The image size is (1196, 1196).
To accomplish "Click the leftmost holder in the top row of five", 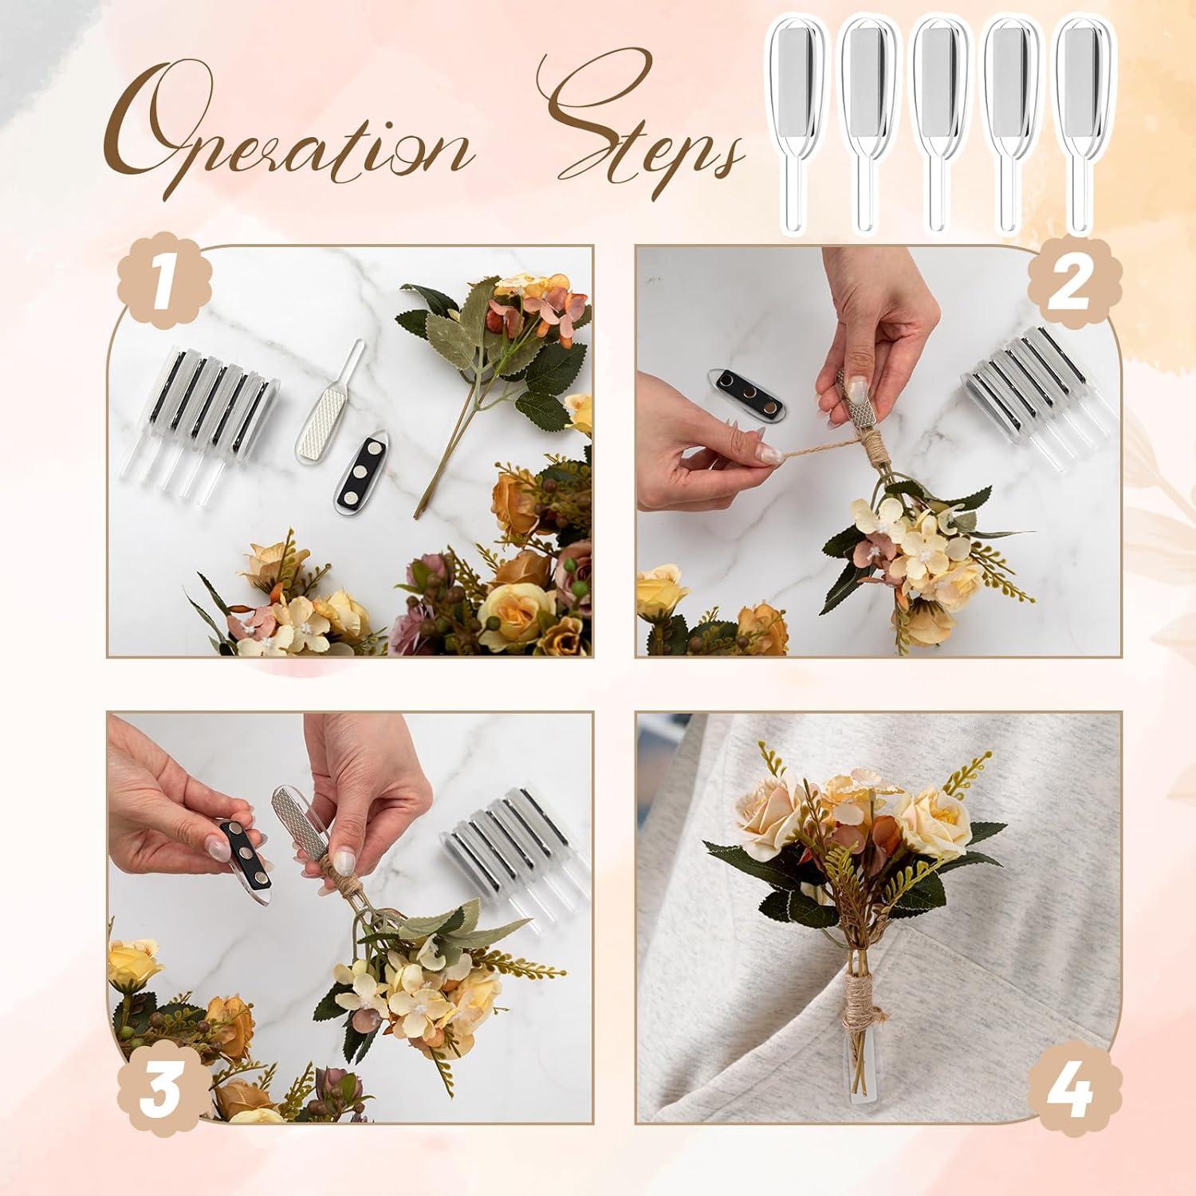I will (794, 120).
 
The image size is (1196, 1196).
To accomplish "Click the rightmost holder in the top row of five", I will (1083, 120).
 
